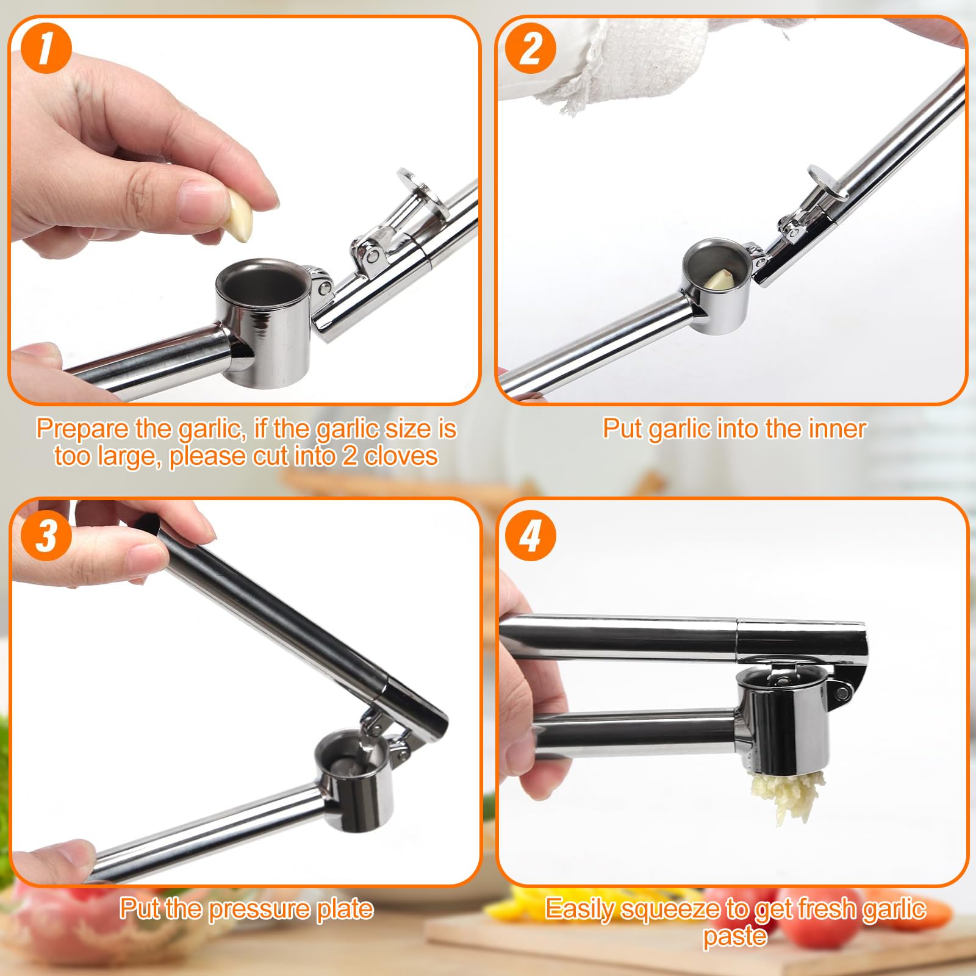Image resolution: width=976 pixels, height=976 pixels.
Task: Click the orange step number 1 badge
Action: pyautogui.click(x=46, y=49)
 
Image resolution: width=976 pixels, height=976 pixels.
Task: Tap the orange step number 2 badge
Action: pyautogui.click(x=530, y=49)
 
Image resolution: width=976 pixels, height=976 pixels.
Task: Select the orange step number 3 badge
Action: pyautogui.click(x=46, y=535)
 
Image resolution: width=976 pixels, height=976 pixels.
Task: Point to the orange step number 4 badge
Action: pyautogui.click(x=530, y=536)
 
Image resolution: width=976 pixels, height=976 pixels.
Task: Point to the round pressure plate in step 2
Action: pyautogui.click(x=827, y=182)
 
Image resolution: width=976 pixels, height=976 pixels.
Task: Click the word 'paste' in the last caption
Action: pyautogui.click(x=735, y=936)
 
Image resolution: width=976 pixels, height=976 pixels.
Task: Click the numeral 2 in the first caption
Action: pyautogui.click(x=350, y=456)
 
